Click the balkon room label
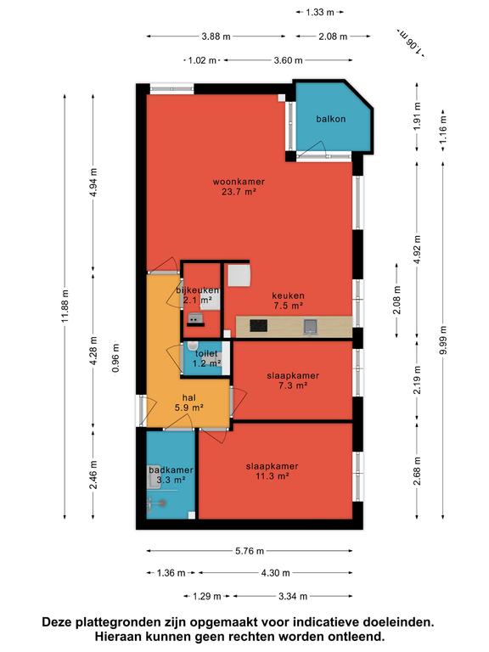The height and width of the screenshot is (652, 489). pyautogui.click(x=330, y=119)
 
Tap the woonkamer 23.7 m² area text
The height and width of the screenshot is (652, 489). pyautogui.click(x=239, y=187)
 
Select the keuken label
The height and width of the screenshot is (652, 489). pyautogui.click(x=288, y=295)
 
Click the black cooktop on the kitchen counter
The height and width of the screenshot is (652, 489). pyautogui.click(x=258, y=325)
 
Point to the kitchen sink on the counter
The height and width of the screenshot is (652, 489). pyautogui.click(x=311, y=326)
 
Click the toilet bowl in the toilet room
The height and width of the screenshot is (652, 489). pyautogui.click(x=193, y=346)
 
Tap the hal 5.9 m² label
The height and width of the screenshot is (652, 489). pyautogui.click(x=188, y=403)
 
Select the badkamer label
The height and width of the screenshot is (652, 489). pyautogui.click(x=171, y=470)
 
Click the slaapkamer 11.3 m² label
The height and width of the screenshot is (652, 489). pyautogui.click(x=272, y=471)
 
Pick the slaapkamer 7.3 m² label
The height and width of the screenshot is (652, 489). pyautogui.click(x=293, y=380)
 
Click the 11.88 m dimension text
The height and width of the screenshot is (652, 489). pyautogui.click(x=65, y=306)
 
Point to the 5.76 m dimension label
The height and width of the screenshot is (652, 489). pyautogui.click(x=250, y=551)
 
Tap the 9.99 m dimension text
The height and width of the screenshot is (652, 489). pyautogui.click(x=443, y=340)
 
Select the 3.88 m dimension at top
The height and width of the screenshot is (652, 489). pyautogui.click(x=216, y=37)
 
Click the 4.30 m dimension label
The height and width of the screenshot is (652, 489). pyautogui.click(x=275, y=573)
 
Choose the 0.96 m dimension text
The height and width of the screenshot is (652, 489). pyautogui.click(x=115, y=357)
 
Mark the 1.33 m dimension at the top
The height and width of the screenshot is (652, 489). pyautogui.click(x=320, y=13)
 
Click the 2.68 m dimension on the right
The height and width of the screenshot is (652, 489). pyautogui.click(x=417, y=470)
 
